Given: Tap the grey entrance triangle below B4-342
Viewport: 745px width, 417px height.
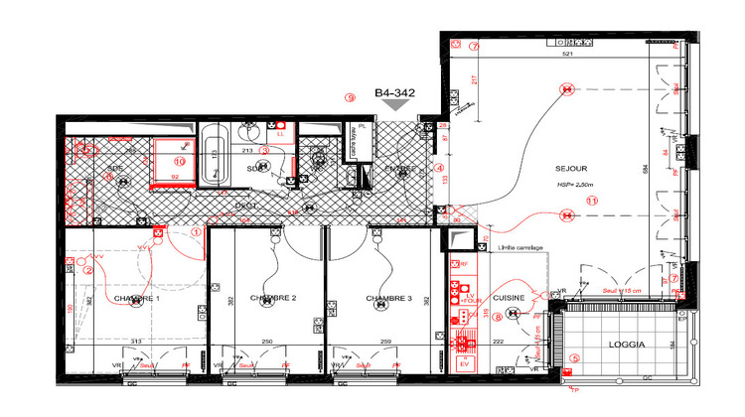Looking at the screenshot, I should point(394,105).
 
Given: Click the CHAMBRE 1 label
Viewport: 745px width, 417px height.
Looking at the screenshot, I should point(136,299).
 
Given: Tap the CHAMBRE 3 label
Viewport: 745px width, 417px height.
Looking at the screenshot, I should point(388,299).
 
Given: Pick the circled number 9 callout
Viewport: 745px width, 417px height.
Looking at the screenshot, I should point(349,97).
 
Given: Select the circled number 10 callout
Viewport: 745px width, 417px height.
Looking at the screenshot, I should point(180,159).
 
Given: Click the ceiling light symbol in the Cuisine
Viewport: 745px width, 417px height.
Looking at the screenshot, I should point(514,314).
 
